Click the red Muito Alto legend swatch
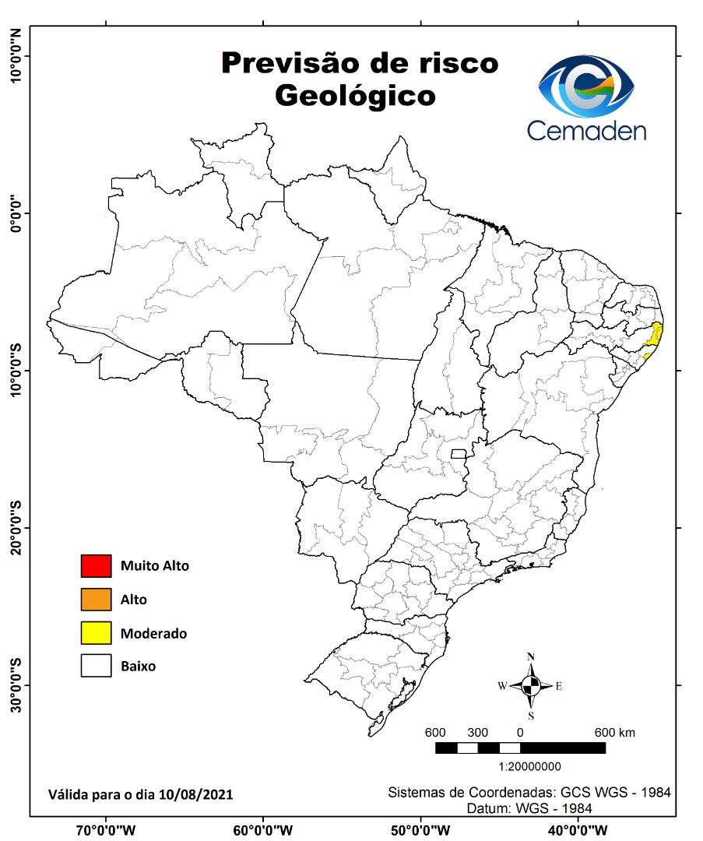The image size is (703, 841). pos(97,566)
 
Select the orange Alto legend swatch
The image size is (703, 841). pos(97,600)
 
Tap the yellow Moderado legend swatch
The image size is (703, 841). pos(97,633)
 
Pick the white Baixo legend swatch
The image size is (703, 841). pos(97,667)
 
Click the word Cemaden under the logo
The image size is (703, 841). pos(586,129)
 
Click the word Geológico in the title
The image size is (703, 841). pos(355,96)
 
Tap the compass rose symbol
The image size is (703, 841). pos(531,686)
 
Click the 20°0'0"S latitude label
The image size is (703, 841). pos(16,528)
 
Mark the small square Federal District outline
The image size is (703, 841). pos(459,454)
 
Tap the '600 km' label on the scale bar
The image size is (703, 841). pos(615,733)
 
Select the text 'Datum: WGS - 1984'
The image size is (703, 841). pos(529,808)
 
